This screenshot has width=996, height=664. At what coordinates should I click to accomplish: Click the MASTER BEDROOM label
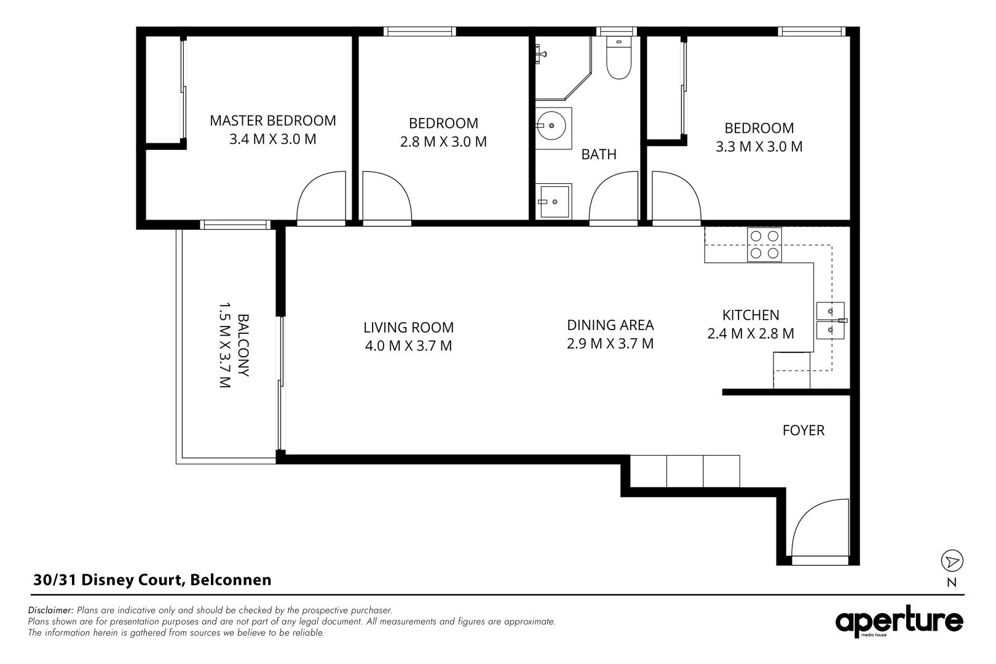click(x=272, y=121)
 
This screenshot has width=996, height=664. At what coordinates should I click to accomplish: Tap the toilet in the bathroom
click(x=619, y=60)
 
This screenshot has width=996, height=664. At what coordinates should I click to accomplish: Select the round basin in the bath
click(x=551, y=127)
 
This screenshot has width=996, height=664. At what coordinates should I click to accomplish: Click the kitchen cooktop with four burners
click(x=764, y=245)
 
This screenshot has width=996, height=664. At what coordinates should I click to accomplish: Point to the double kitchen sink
click(x=830, y=321)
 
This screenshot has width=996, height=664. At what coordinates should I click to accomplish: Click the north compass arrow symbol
click(x=952, y=561)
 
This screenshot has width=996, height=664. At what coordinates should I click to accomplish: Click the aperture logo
click(x=899, y=622)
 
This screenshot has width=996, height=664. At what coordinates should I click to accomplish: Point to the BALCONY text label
click(x=243, y=346)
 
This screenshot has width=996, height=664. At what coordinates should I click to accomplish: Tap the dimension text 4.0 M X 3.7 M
click(x=408, y=346)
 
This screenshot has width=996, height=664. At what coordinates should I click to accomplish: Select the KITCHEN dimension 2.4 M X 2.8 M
click(x=751, y=334)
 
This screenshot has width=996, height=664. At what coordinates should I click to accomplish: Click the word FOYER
click(x=803, y=430)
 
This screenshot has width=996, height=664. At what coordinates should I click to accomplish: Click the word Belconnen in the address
click(x=231, y=580)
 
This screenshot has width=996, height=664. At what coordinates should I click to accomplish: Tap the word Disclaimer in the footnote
click(x=51, y=611)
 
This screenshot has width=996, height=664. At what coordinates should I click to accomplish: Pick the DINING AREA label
click(x=610, y=325)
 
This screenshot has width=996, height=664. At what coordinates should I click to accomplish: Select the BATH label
click(x=599, y=154)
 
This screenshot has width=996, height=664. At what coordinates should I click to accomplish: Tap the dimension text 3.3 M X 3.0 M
click(x=759, y=147)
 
